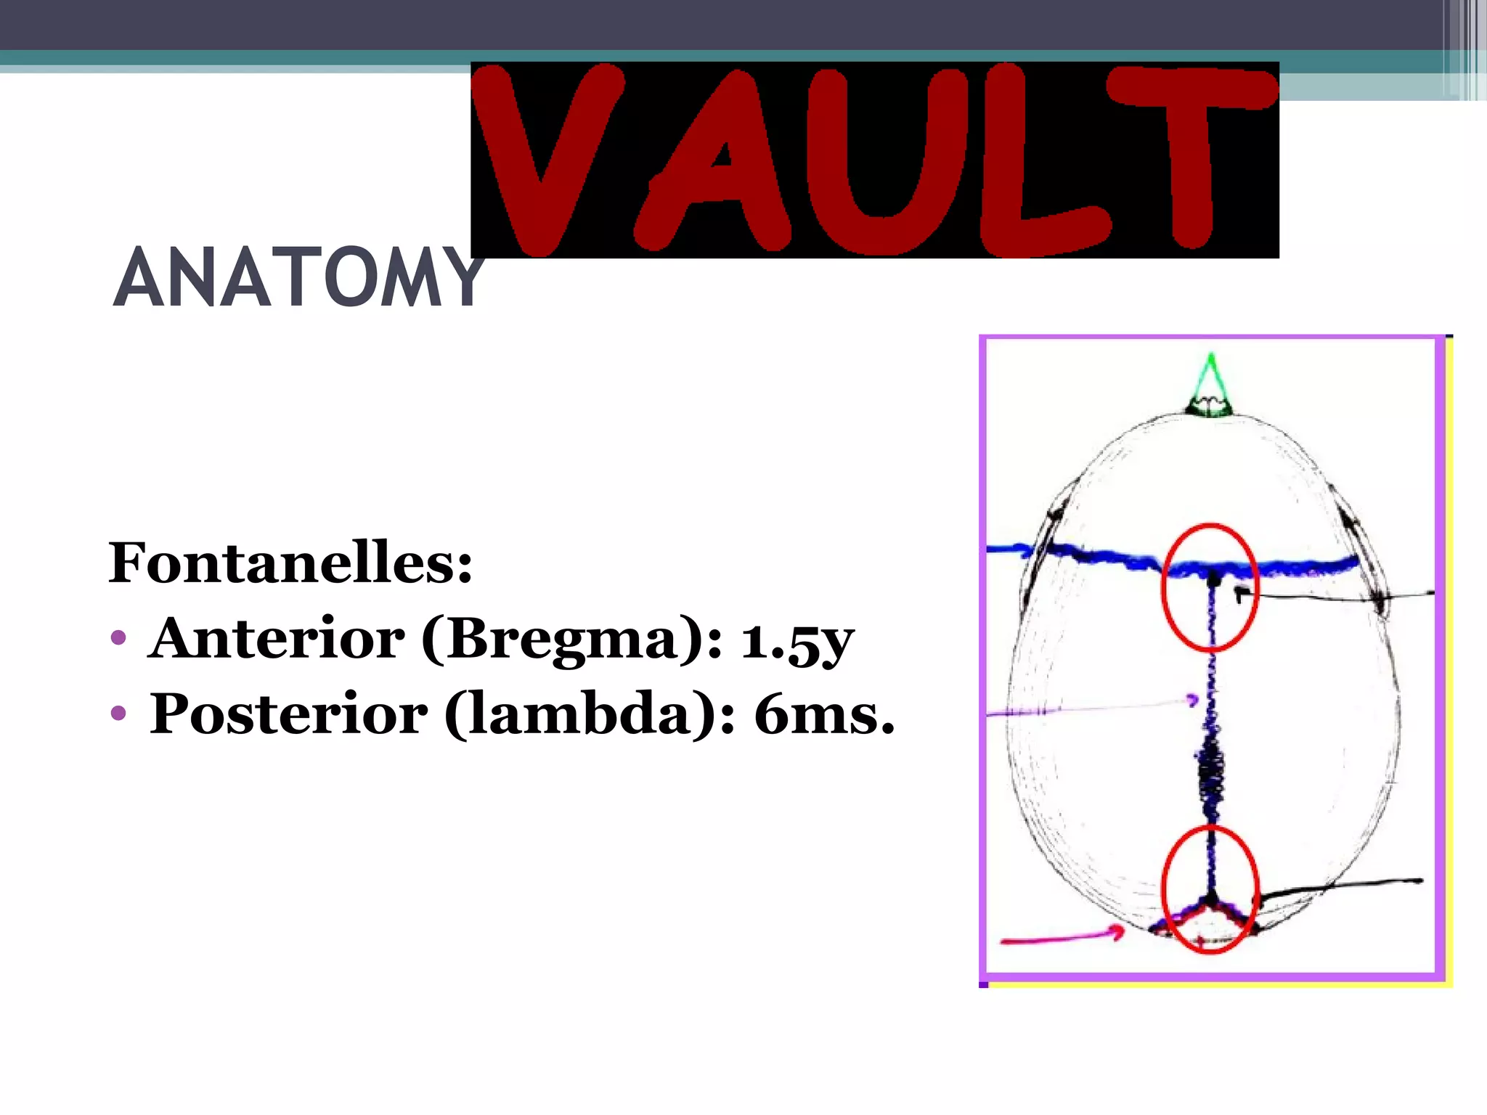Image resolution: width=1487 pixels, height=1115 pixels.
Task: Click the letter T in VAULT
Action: tap(1191, 156)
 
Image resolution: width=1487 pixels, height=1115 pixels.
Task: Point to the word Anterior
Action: tap(276, 639)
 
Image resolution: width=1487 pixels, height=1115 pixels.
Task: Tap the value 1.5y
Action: tap(797, 641)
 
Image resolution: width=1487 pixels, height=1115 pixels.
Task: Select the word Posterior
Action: tap(288, 714)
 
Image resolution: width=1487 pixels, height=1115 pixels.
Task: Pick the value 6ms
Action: tap(824, 714)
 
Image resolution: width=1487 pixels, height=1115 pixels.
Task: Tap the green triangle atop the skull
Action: tap(1210, 385)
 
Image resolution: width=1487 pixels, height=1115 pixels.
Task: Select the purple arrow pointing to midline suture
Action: tap(1089, 707)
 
